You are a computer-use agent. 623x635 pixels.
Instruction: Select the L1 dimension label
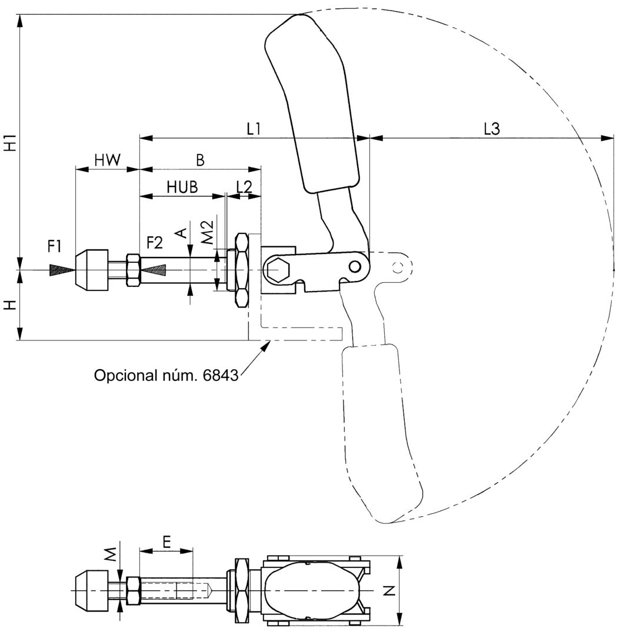[x=254, y=129]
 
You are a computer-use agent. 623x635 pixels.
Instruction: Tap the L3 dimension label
[x=491, y=129]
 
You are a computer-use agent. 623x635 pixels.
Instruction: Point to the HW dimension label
[x=107, y=159]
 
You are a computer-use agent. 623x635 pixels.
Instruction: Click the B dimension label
[x=201, y=159]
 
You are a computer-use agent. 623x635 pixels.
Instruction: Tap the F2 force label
[x=155, y=242]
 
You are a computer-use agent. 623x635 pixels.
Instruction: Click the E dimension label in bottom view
[x=166, y=541]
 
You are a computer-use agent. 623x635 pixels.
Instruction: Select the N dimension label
[x=389, y=590]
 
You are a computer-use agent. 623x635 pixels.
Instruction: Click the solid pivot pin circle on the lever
[x=355, y=266]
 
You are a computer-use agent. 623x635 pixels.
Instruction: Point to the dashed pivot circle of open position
[x=398, y=268]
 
